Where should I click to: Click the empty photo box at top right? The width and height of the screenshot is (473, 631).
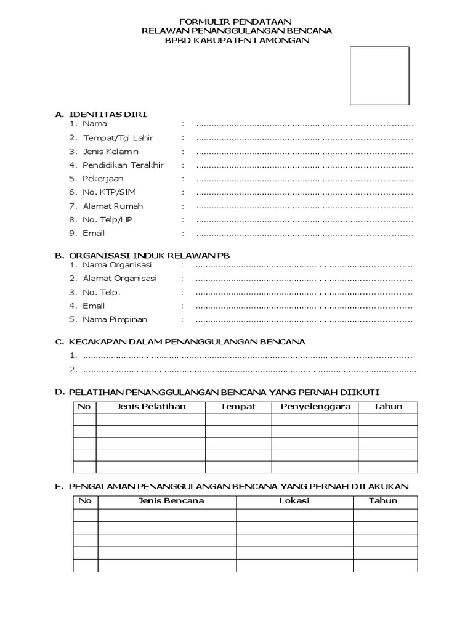pyautogui.click(x=379, y=76)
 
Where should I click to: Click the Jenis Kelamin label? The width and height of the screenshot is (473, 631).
pyautogui.click(x=111, y=152)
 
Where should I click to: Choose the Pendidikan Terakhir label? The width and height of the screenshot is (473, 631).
pyautogui.click(x=124, y=165)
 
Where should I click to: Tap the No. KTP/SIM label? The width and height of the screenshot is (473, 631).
pyautogui.click(x=110, y=192)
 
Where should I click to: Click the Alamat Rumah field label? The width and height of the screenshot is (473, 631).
pyautogui.click(x=113, y=206)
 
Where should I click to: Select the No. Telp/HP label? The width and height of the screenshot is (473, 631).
pyautogui.click(x=108, y=219)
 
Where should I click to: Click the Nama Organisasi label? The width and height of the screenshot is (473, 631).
pyautogui.click(x=117, y=264)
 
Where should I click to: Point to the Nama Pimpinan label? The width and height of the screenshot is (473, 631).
pyautogui.click(x=115, y=319)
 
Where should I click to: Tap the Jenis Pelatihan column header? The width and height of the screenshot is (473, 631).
pyautogui.click(x=150, y=407)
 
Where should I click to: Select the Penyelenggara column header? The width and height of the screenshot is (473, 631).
pyautogui.click(x=315, y=407)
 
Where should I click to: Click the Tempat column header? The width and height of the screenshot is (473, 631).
pyautogui.click(x=238, y=407)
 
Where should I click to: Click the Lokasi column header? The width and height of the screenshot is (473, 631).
pyautogui.click(x=294, y=500)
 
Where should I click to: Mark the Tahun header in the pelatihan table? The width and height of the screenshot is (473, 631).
pyautogui.click(x=388, y=407)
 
